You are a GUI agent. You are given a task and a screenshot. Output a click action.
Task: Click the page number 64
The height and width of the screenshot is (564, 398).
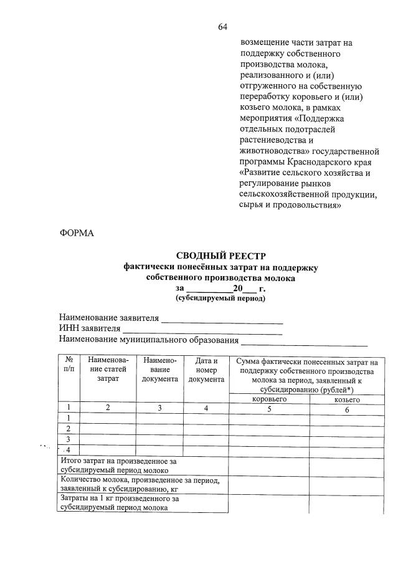coord(222,26)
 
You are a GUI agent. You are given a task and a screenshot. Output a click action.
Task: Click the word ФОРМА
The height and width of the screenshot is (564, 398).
coord(76,233)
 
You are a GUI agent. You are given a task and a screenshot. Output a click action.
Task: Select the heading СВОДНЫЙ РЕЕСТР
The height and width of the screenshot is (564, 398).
coord(220,256)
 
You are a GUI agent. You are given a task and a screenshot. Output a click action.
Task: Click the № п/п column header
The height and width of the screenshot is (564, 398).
coord(70,365)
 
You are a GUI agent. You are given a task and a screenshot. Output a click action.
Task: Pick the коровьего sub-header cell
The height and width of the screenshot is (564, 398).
coord(269,399)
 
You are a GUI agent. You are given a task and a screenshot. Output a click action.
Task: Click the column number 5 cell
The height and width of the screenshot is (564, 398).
coord(269,409)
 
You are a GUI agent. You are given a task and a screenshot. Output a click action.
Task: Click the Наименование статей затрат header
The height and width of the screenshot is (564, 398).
coord(108,370)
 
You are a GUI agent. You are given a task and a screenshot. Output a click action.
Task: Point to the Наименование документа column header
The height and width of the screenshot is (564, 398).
coord(160,370)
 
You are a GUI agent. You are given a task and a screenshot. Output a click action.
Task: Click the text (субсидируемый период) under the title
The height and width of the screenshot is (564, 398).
coord(220,299)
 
